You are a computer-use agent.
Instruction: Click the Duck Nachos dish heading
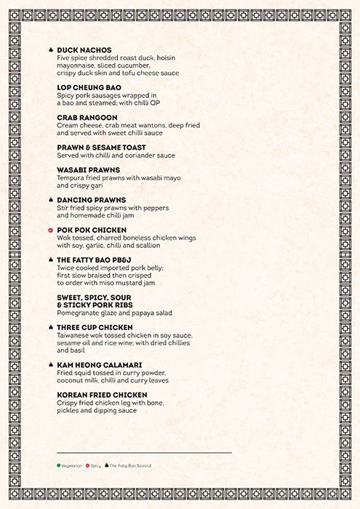(84, 50)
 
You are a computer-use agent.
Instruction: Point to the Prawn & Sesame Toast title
(101, 147)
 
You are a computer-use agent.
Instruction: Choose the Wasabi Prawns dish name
(88, 169)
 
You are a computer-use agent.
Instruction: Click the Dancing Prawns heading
(91, 199)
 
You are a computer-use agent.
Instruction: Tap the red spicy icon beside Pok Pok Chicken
(49, 230)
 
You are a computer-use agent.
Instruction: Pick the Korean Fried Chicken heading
(102, 394)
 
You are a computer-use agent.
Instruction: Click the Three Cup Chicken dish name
(94, 327)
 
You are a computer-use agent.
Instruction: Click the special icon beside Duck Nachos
(49, 50)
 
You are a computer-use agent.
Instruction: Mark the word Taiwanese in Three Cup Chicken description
(75, 335)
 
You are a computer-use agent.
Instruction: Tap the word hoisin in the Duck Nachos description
(161, 57)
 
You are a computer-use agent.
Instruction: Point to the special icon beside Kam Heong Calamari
(49, 364)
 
